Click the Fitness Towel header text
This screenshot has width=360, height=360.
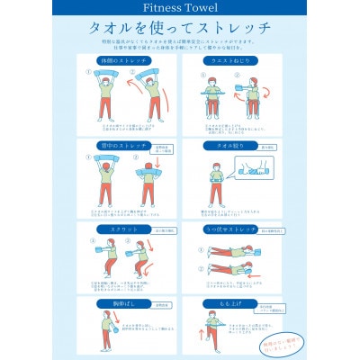tap(180, 13)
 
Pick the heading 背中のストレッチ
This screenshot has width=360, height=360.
tap(123, 145)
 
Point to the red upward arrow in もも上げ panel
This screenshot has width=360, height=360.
tap(198, 332)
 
